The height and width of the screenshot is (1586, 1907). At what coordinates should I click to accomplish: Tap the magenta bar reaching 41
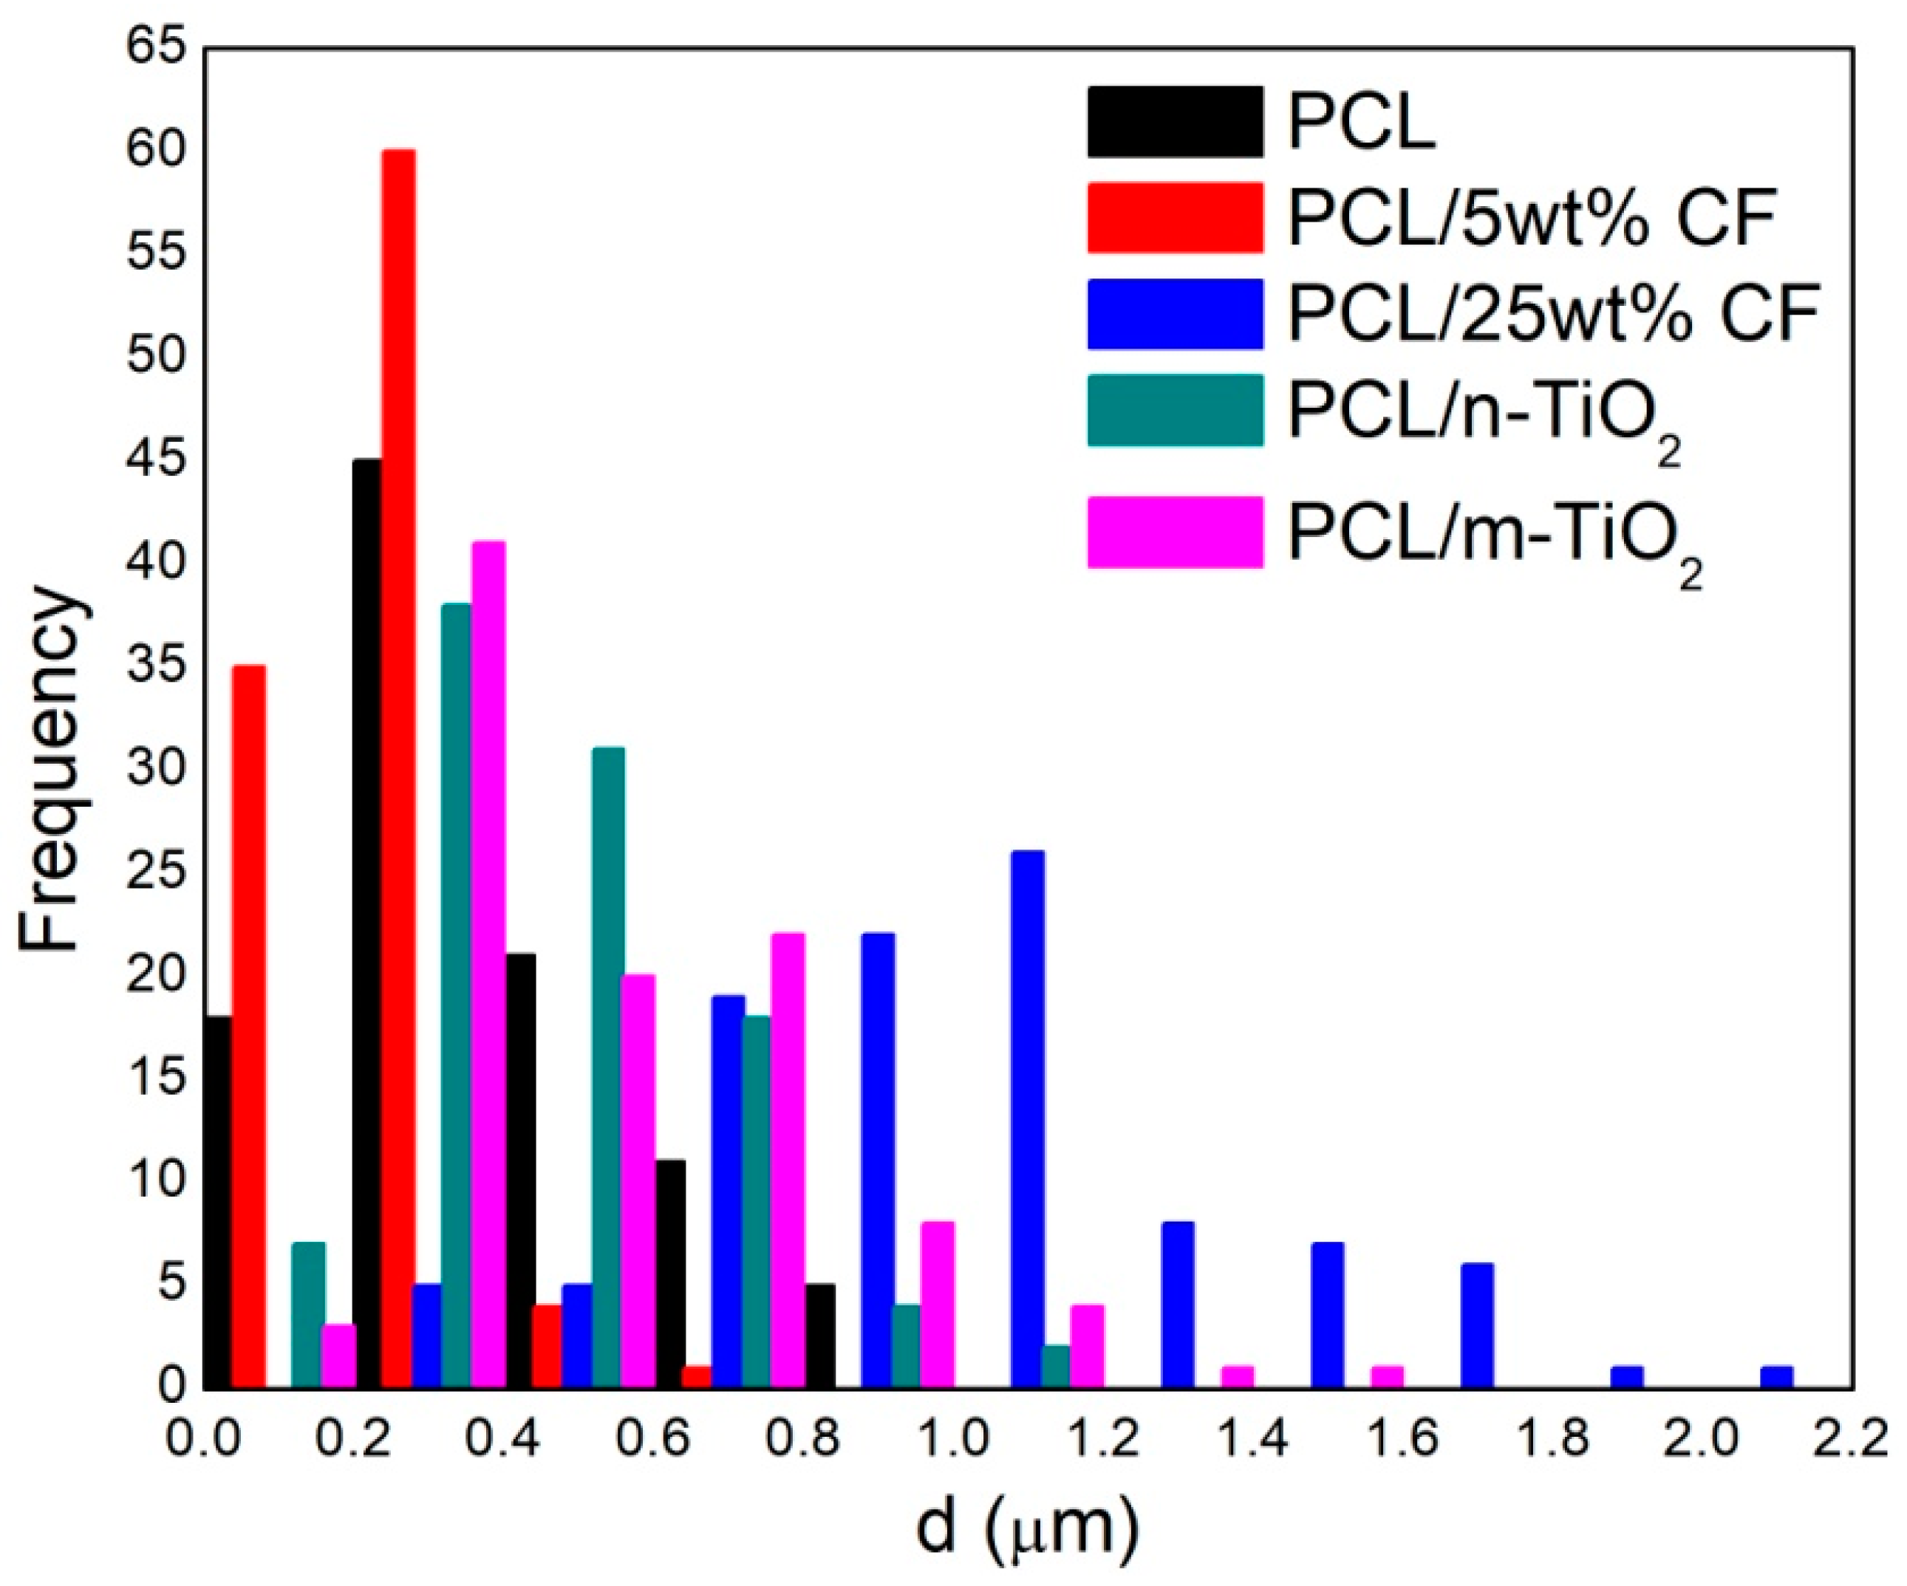tap(488, 967)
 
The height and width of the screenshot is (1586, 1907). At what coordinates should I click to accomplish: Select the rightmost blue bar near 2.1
tap(1776, 1377)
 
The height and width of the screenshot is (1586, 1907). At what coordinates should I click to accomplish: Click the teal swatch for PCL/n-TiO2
tap(1175, 410)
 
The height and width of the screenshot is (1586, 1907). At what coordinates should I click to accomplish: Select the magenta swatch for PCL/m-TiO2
tap(1175, 533)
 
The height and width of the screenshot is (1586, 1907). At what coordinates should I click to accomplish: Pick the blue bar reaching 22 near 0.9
tap(878, 1162)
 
